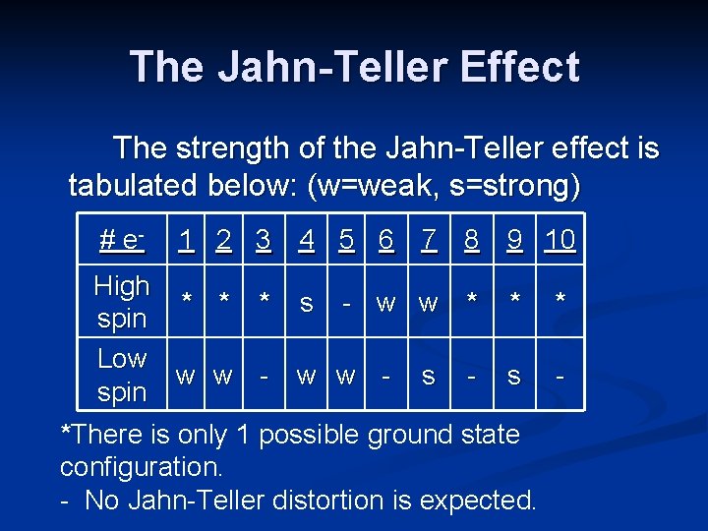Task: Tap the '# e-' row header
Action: pos(122,240)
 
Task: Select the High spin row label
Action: pos(122,302)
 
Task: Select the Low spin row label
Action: pos(122,375)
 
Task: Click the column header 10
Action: pos(560,239)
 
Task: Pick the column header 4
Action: pos(307,239)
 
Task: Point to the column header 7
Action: pos(429,239)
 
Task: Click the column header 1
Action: pos(183,239)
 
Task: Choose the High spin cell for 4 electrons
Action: pos(307,303)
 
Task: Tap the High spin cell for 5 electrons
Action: pos(346,303)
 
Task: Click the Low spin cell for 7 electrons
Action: pos(429,375)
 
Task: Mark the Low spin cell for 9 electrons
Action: pos(513,375)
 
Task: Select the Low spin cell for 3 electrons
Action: pos(264,375)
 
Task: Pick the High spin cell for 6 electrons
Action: pos(386,303)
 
